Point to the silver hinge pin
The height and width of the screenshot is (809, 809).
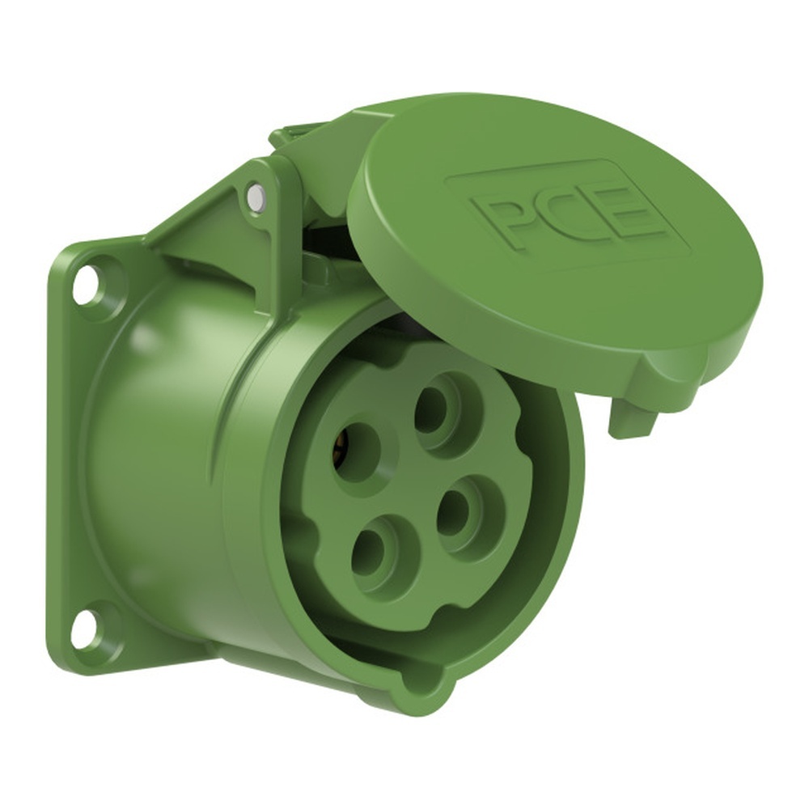click(x=256, y=196)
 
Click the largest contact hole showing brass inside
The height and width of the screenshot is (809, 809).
click(x=357, y=453)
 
